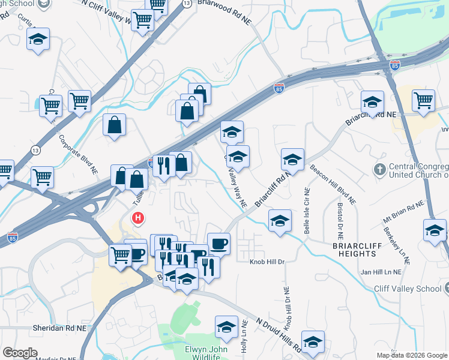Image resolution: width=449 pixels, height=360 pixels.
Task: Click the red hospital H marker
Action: [x=139, y=218]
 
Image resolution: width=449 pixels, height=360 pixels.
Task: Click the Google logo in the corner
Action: [x=20, y=353]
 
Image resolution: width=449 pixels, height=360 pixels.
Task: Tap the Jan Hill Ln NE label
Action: [x=381, y=272]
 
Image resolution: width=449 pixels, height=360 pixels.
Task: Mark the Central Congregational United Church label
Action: [x=417, y=171]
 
